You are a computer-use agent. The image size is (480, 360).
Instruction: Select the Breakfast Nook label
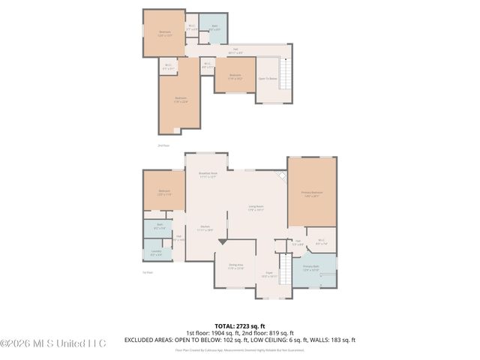[x=207, y=175]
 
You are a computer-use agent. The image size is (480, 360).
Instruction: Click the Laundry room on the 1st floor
[x=156, y=253]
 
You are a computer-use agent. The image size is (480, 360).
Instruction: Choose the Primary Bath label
[x=311, y=268]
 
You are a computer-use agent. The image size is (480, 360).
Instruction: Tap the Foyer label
[x=268, y=274]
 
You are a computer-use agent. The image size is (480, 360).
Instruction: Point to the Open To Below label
[x=268, y=78]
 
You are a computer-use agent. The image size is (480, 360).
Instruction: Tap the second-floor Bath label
[x=214, y=28]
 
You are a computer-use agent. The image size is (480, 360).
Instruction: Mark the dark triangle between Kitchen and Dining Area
[x=222, y=242]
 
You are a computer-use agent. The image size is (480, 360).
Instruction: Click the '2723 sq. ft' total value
[x=252, y=326]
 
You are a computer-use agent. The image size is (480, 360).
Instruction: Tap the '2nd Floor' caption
[x=164, y=145]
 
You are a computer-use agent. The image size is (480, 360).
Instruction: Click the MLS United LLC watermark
[x=54, y=343]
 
